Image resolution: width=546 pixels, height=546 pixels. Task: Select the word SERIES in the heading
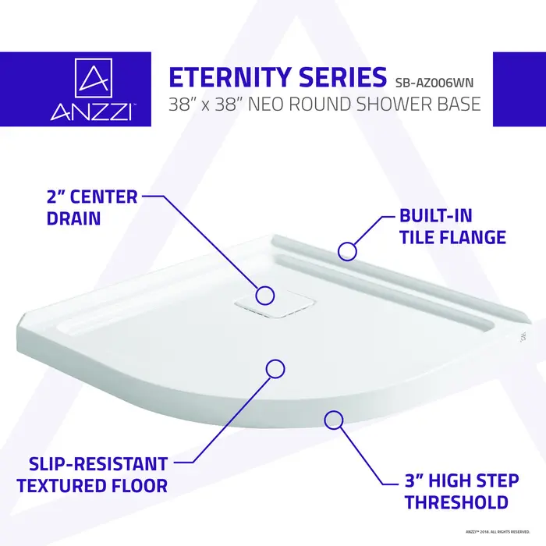(x=344, y=78)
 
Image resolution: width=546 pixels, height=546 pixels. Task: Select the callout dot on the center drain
(x=265, y=295)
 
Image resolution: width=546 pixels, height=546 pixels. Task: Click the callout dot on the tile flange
(x=348, y=250)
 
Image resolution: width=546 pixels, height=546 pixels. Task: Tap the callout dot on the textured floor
(x=275, y=370)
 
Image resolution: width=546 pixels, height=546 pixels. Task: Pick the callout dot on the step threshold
(x=334, y=420)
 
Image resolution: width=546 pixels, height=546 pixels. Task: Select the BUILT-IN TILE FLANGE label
(x=441, y=226)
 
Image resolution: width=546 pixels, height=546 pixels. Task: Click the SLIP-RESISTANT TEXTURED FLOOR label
(x=92, y=475)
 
